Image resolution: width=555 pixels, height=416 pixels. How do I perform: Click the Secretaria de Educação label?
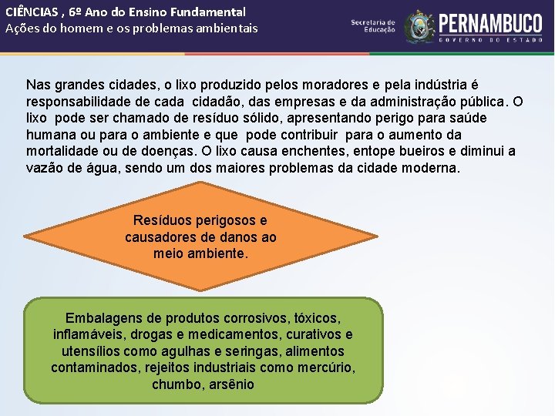(372, 26)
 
